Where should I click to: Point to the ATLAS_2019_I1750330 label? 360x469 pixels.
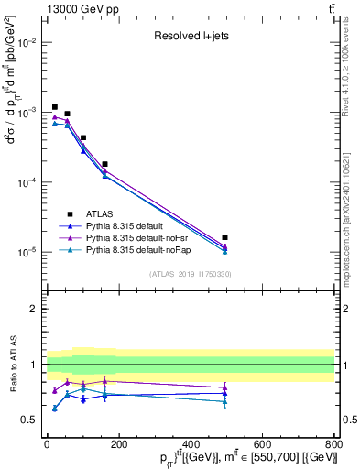tap(189, 274)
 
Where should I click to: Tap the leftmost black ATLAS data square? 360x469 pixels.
tap(55, 107)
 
